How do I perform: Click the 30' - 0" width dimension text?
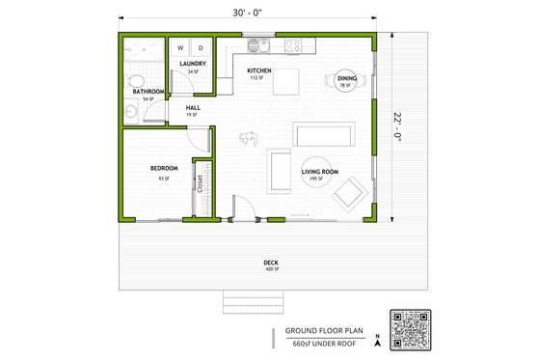coord(246,13)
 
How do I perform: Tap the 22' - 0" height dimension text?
coord(397,125)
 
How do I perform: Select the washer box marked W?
coord(180,47)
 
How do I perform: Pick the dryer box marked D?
coord(201,47)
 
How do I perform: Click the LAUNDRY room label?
coord(193,64)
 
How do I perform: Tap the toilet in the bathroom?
coord(133,81)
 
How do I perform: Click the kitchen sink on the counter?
coord(256,44)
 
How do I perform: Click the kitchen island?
coord(286,84)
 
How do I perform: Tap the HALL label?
coord(193,107)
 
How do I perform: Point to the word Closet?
coord(201,184)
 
